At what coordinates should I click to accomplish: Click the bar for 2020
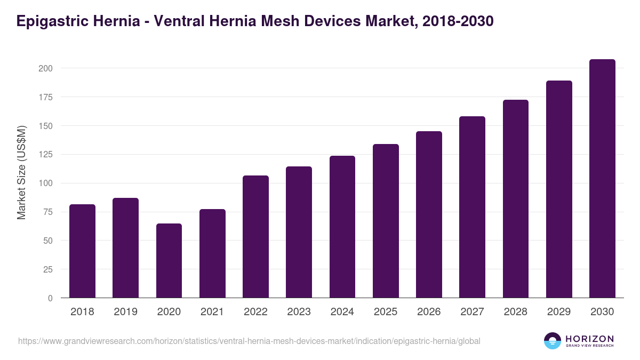pyautogui.click(x=169, y=261)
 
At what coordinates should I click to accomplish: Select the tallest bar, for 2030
pyautogui.click(x=602, y=179)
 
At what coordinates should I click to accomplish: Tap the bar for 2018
pyautogui.click(x=82, y=251)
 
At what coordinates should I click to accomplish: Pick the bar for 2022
pyautogui.click(x=255, y=237)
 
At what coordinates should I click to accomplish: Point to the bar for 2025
pyautogui.click(x=386, y=221)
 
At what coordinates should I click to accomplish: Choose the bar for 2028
pyautogui.click(x=515, y=199)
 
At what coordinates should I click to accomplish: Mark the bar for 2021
pyautogui.click(x=212, y=253)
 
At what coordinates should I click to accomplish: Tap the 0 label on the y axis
pyautogui.click(x=50, y=298)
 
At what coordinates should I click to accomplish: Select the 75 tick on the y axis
pyautogui.click(x=47, y=212)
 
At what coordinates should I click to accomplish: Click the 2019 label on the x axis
pyautogui.click(x=125, y=312)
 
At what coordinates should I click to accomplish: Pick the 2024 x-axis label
pyautogui.click(x=342, y=312)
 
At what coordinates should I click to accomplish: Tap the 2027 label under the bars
pyautogui.click(x=472, y=312)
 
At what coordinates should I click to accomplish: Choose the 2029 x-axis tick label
pyautogui.click(x=559, y=312)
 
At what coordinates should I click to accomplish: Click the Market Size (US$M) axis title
pyautogui.click(x=21, y=173)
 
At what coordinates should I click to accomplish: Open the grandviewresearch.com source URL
pyautogui.click(x=249, y=341)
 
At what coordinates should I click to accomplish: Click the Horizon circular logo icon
pyautogui.click(x=552, y=341)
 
